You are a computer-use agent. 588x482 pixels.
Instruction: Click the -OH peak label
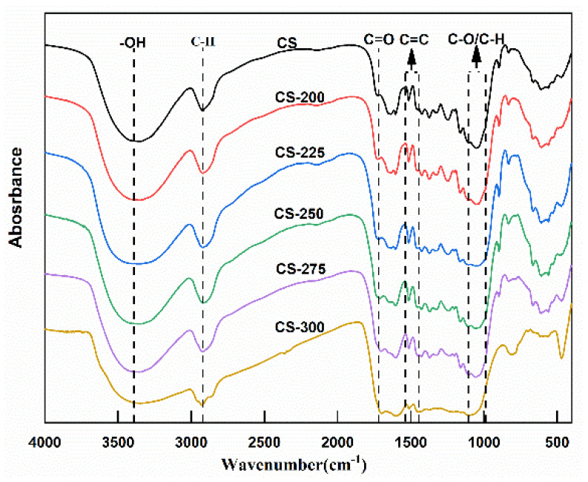point(133,42)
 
